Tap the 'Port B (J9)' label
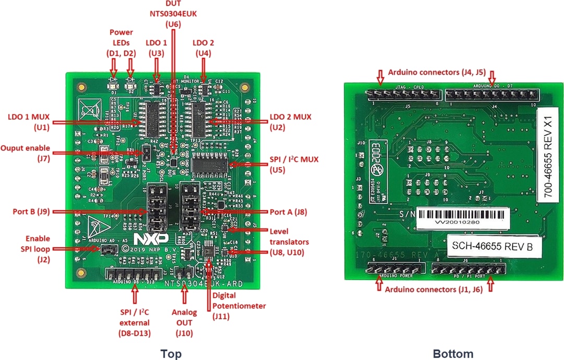tap(32, 212)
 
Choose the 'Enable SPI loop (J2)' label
tap(33, 249)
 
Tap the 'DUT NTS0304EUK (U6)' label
tap(173, 14)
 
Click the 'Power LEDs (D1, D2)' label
tap(121, 42)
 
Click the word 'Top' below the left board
tap(171, 354)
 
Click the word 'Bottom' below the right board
tap(453, 354)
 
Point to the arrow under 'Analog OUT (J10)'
tap(184, 295)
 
